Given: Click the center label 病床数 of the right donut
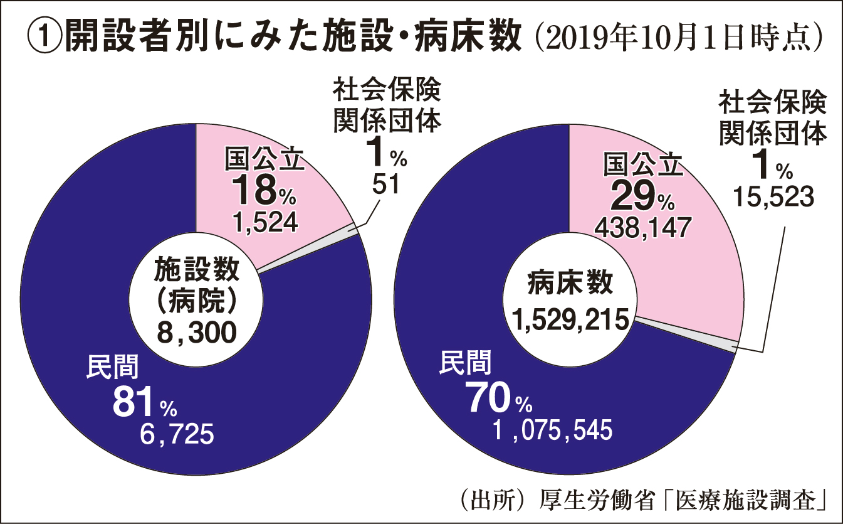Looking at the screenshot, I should pyautogui.click(x=570, y=284).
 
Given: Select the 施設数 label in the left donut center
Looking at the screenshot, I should pyautogui.click(x=197, y=270).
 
